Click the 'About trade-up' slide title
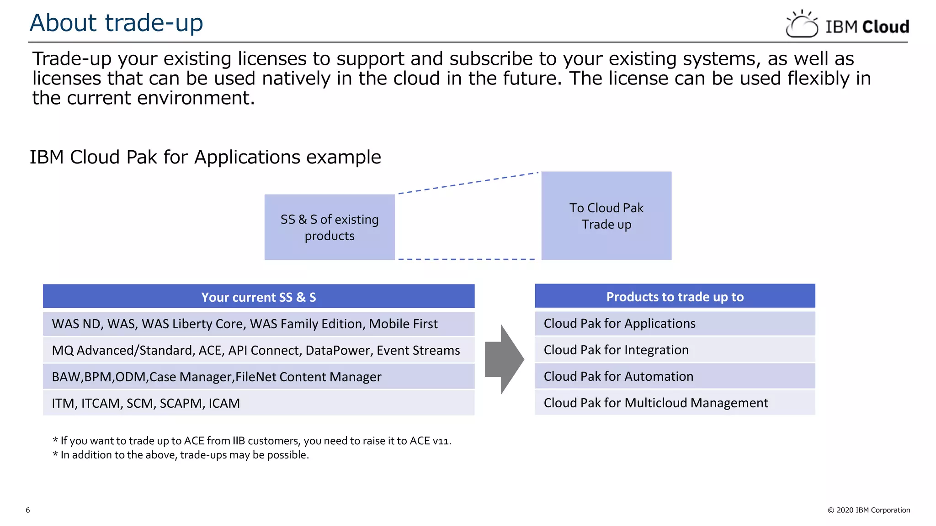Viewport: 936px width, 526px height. (116, 23)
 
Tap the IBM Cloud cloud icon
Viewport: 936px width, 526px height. (802, 25)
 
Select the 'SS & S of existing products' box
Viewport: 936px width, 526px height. (329, 227)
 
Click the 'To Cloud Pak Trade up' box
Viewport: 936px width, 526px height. (606, 216)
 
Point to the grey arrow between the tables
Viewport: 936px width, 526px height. (504, 360)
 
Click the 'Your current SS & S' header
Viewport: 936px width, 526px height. (258, 297)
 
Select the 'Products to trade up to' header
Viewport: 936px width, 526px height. (675, 296)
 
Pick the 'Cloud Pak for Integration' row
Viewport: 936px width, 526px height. (675, 350)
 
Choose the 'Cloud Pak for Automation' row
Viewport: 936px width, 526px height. (675, 376)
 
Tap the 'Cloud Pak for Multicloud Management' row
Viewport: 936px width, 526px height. (675, 403)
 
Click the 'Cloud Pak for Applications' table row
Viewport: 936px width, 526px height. (675, 323)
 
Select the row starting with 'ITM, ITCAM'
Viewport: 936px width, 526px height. (258, 403)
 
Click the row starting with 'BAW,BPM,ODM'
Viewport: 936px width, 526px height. (258, 377)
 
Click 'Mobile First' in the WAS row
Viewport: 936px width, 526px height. (403, 324)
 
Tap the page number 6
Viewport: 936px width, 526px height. (28, 510)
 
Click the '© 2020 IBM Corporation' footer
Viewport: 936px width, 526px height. (868, 510)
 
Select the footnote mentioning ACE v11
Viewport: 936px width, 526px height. (251, 441)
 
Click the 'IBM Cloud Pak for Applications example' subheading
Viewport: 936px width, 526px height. (205, 157)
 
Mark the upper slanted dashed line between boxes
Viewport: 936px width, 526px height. (468, 183)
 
